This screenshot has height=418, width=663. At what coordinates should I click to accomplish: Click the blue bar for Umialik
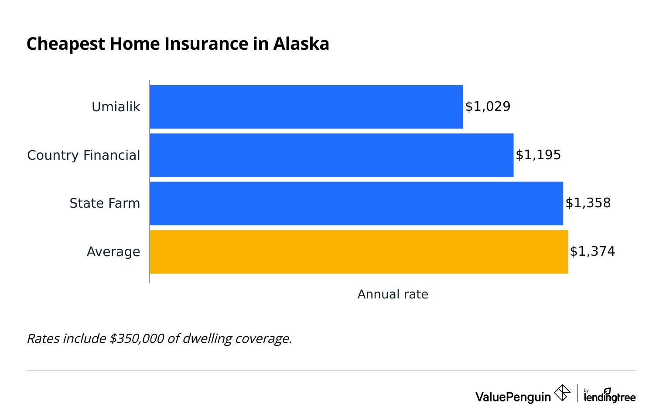306,107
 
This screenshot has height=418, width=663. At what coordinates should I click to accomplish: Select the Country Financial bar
331,155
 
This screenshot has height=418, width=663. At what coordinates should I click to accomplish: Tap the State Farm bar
356,203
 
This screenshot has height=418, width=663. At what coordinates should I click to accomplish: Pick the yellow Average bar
359,252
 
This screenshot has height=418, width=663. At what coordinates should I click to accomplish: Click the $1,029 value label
488,107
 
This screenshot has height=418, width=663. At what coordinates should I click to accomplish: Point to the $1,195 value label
538,155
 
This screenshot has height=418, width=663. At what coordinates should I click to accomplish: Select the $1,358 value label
588,203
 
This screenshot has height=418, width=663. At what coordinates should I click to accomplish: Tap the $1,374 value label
592,251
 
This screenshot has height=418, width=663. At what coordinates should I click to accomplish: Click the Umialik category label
116,107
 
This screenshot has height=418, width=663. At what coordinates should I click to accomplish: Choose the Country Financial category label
84,155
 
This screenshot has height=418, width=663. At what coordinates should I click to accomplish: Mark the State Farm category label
105,203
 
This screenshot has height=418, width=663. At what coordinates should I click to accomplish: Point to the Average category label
113,252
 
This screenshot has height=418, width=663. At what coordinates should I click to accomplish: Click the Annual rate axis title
393,295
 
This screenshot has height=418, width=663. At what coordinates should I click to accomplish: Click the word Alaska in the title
301,44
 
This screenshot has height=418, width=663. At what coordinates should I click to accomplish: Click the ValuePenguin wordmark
513,397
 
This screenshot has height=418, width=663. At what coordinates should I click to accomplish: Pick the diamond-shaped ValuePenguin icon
562,393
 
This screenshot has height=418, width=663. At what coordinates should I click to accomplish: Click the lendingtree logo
610,395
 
